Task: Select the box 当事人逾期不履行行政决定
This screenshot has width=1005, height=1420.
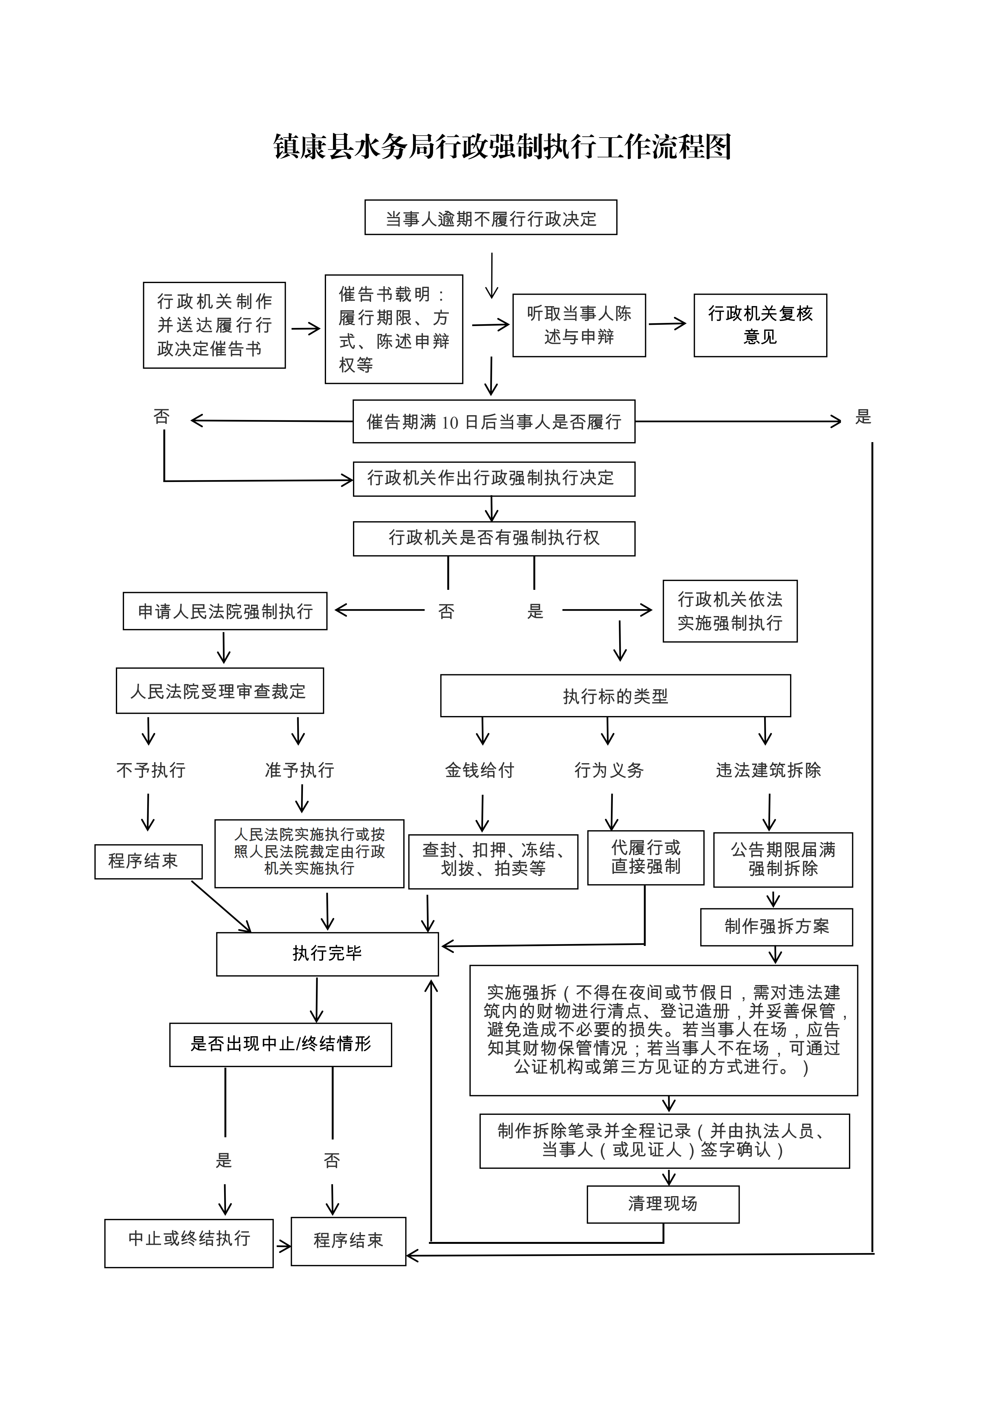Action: click(x=491, y=218)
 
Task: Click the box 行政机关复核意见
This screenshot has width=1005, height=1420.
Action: click(x=760, y=325)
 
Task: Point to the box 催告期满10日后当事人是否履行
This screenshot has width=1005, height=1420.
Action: click(x=494, y=422)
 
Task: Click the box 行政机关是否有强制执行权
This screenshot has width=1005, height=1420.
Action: click(x=494, y=538)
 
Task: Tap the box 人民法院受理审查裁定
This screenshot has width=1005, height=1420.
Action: click(x=220, y=691)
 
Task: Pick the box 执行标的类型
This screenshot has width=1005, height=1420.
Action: click(x=615, y=696)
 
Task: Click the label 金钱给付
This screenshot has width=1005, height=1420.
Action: click(x=480, y=770)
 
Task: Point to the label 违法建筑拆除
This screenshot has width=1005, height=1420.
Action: click(x=768, y=770)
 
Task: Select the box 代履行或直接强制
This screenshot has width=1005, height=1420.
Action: click(x=645, y=858)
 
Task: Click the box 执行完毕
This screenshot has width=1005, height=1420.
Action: click(x=327, y=954)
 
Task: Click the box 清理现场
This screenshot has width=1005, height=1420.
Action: click(x=663, y=1204)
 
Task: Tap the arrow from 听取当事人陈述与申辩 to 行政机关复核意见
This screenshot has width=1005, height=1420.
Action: click(x=667, y=324)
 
